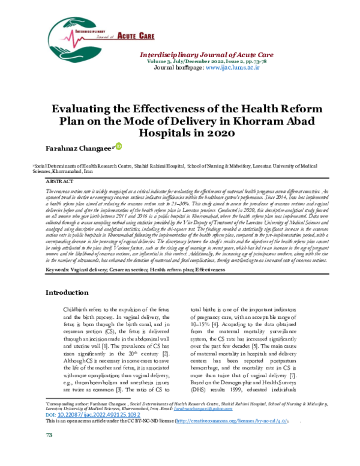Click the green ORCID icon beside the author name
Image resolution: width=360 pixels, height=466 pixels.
tap(118, 146)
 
